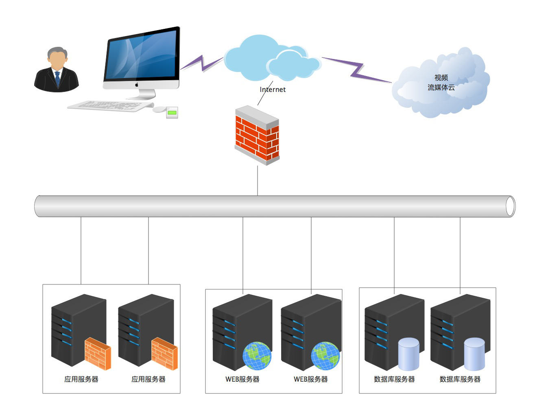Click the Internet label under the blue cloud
(273, 90)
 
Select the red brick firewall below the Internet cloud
(257, 135)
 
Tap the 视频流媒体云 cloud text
(441, 83)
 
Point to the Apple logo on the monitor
(137, 85)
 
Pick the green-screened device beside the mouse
(172, 113)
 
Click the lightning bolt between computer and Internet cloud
(202, 63)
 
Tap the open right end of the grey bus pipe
(510, 206)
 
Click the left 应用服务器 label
(81, 379)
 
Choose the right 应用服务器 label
(148, 379)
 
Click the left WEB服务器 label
(242, 379)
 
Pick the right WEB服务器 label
(311, 379)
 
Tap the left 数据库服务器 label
(394, 379)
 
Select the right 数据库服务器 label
(460, 379)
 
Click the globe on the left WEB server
(257, 356)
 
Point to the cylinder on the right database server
(474, 354)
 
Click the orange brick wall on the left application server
(98, 354)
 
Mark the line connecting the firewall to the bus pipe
(258, 181)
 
